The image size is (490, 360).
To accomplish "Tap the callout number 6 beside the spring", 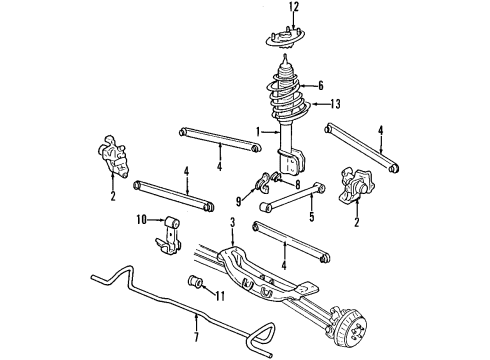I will click(321, 87).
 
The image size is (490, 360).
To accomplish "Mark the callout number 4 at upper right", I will click(380, 129).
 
